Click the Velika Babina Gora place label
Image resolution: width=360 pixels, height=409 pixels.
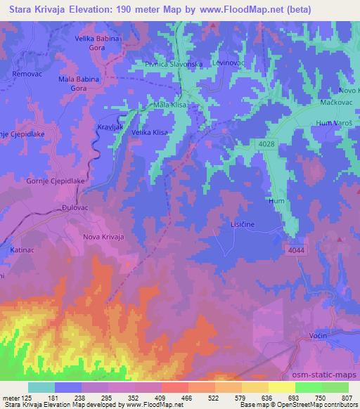point(101,44)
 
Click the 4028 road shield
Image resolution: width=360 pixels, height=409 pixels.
point(262,143)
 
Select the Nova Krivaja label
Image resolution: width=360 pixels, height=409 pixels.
point(103,237)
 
